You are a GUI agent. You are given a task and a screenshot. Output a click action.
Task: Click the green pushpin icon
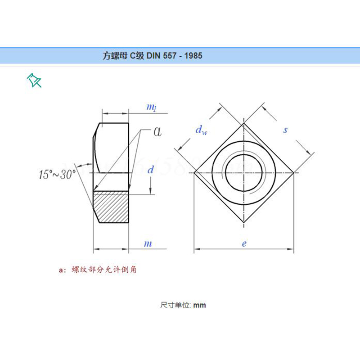pyautogui.click(x=34, y=80)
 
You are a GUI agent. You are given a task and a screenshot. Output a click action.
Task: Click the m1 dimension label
pyautogui.click(x=152, y=107)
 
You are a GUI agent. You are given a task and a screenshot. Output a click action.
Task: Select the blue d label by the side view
pyautogui.click(x=150, y=170)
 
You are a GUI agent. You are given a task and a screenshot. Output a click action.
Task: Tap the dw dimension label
pyautogui.click(x=201, y=130)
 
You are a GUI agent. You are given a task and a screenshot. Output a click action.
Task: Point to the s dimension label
pyautogui.click(x=285, y=130)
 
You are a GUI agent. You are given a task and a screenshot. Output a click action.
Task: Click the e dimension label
pyautogui.click(x=244, y=243)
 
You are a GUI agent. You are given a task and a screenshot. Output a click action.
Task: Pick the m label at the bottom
pyautogui.click(x=148, y=243)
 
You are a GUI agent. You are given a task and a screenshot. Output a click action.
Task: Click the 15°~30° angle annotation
pyautogui.click(x=57, y=174)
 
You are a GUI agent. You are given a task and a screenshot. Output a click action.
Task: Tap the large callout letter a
pyautogui.click(x=157, y=132)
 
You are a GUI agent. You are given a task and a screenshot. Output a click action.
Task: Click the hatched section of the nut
pyautogui.click(x=111, y=207)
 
